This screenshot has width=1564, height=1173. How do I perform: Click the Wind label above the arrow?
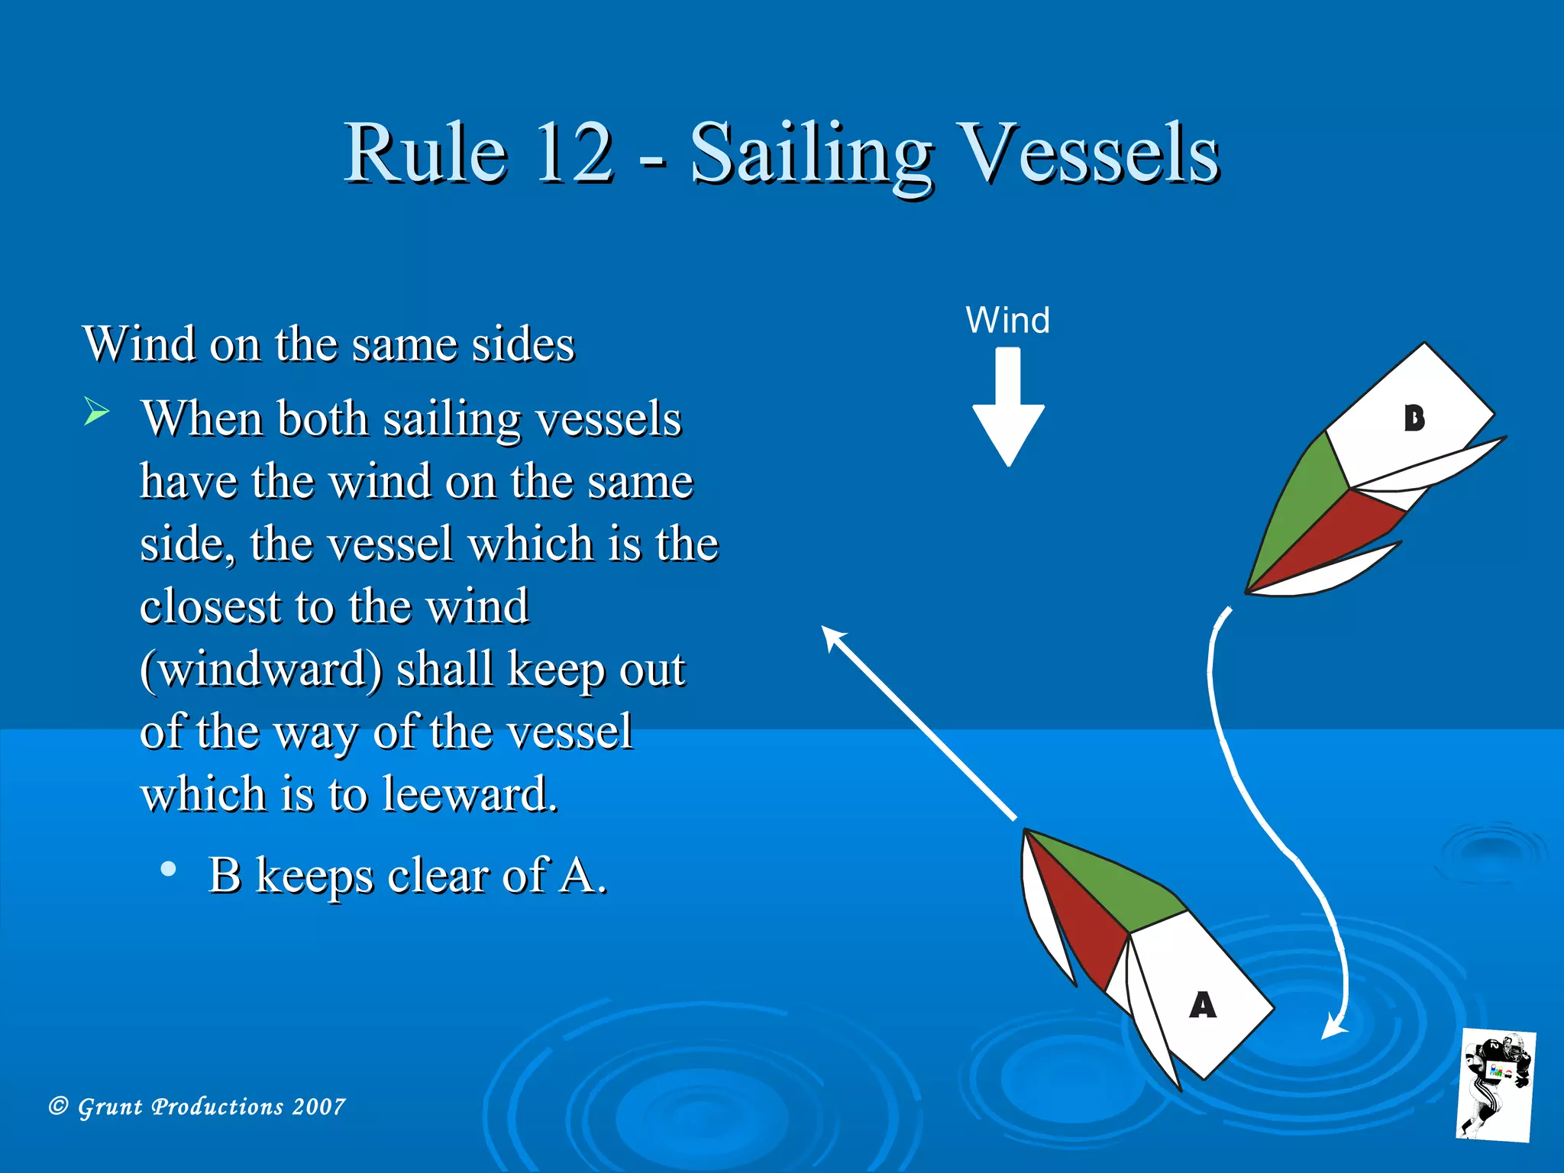point(1007,320)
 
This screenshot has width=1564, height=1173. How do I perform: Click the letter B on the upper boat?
point(1414,418)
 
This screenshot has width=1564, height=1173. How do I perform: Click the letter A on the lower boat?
point(1203,1005)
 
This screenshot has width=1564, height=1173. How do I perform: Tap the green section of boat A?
point(1115,886)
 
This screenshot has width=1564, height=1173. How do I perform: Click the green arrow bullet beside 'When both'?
point(96,412)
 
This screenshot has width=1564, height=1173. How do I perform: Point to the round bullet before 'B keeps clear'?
point(169,869)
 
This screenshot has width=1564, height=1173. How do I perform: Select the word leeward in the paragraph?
point(469,794)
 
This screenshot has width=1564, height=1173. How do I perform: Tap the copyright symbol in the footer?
point(59,1106)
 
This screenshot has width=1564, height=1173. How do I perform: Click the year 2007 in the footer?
point(318,1106)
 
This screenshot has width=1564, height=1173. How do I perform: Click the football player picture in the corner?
point(1497,1085)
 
